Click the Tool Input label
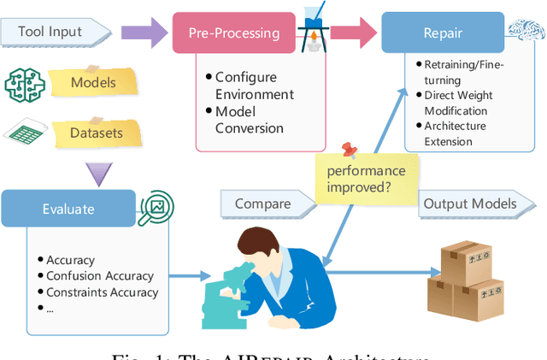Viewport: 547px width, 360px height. (x=51, y=33)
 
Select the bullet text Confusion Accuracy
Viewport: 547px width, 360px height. (x=100, y=276)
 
